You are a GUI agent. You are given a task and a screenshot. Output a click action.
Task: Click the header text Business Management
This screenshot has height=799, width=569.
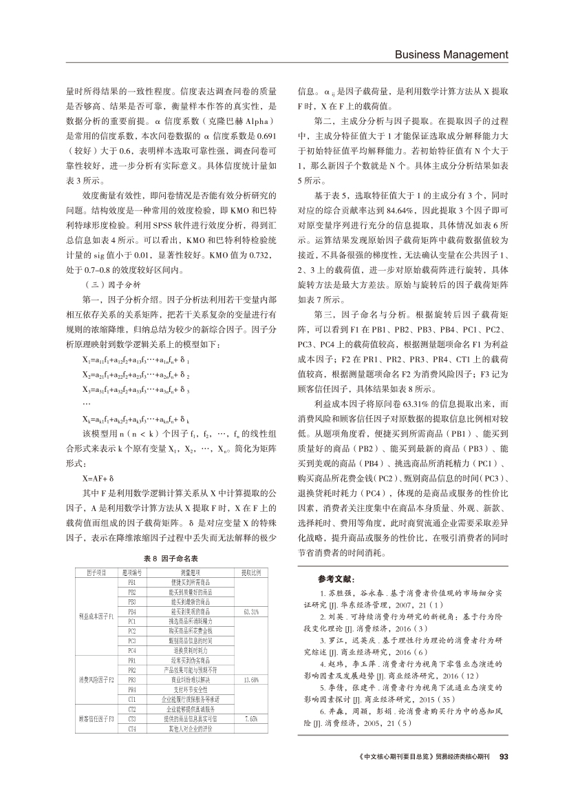[x=451, y=54]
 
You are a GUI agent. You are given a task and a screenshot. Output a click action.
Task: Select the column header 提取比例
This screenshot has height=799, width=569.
[x=250, y=573]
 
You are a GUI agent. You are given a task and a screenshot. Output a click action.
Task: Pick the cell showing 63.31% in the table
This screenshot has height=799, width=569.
[x=250, y=612]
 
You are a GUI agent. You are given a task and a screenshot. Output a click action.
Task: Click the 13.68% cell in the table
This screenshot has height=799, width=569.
[x=250, y=679]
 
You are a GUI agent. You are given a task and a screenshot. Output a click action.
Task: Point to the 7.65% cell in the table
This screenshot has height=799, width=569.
[x=250, y=718]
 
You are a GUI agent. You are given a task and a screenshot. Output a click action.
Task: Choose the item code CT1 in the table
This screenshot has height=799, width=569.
[x=132, y=698]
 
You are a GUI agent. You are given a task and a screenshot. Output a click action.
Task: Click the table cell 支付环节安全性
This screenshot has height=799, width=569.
[x=191, y=689]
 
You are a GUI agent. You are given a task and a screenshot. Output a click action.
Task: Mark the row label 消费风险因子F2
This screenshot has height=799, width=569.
[x=96, y=679]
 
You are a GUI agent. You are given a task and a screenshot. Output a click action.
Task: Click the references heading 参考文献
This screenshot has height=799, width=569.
[x=336, y=578]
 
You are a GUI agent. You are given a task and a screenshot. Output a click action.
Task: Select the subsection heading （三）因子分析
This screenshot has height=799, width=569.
[x=111, y=283]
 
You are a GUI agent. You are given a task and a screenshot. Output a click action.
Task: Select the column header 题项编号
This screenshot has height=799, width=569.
[x=132, y=573]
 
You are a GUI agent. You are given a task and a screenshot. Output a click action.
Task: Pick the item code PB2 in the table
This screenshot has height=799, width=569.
[x=132, y=592]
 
